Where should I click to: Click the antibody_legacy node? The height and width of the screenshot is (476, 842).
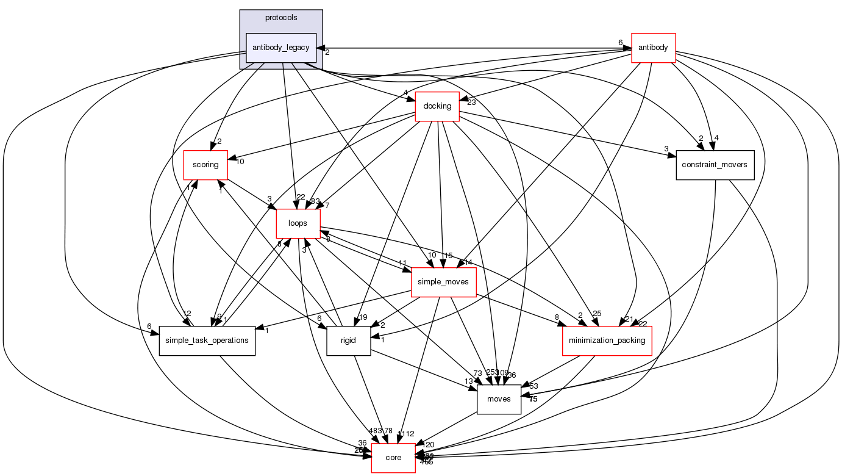(x=281, y=48)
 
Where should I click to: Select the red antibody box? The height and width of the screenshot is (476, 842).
(x=653, y=48)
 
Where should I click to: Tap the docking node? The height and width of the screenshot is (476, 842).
(x=437, y=106)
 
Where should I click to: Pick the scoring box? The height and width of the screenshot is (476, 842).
(x=205, y=165)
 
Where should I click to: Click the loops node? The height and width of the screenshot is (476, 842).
(x=298, y=223)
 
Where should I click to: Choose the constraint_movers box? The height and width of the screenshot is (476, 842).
(x=715, y=165)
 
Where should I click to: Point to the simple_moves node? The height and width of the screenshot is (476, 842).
(x=443, y=282)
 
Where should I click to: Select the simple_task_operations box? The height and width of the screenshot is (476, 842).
(x=207, y=341)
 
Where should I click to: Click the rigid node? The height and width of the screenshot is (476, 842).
(x=349, y=341)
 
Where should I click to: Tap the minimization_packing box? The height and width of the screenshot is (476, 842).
(x=607, y=341)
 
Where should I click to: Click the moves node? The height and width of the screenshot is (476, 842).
(x=499, y=399)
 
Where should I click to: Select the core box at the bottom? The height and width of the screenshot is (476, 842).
(x=393, y=458)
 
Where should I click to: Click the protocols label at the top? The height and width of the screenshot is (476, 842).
(x=281, y=18)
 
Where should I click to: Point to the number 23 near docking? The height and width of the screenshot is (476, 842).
(x=471, y=103)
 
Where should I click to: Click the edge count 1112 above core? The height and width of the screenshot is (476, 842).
(x=406, y=434)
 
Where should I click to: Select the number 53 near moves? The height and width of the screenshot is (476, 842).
(x=533, y=386)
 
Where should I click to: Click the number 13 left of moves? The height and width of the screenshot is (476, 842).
(x=468, y=381)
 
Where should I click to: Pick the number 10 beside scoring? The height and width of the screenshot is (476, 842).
(x=240, y=162)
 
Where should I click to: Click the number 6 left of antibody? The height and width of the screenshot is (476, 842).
(x=620, y=42)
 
